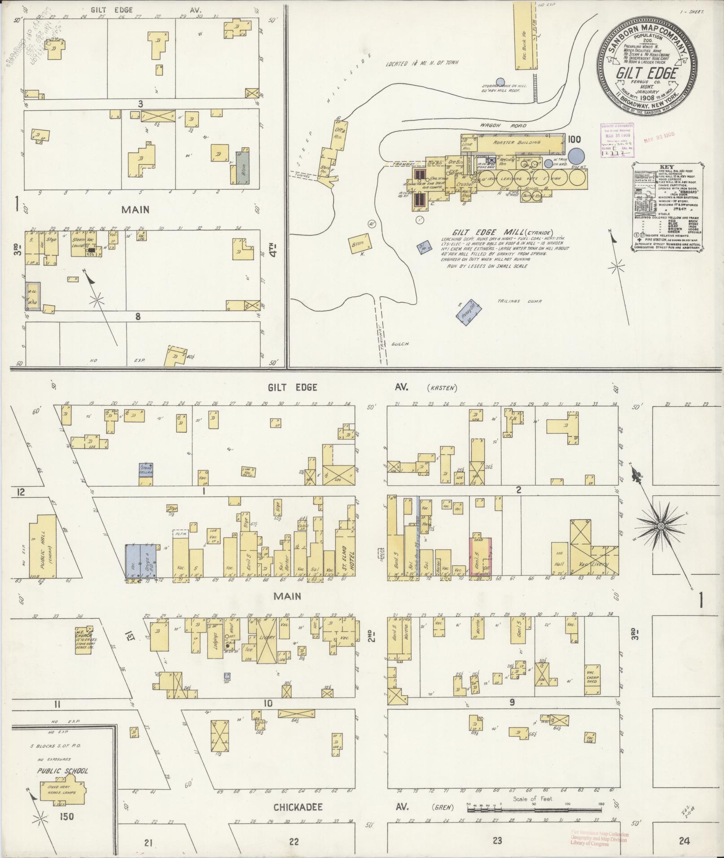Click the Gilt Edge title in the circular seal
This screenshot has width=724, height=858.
(x=645, y=74)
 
